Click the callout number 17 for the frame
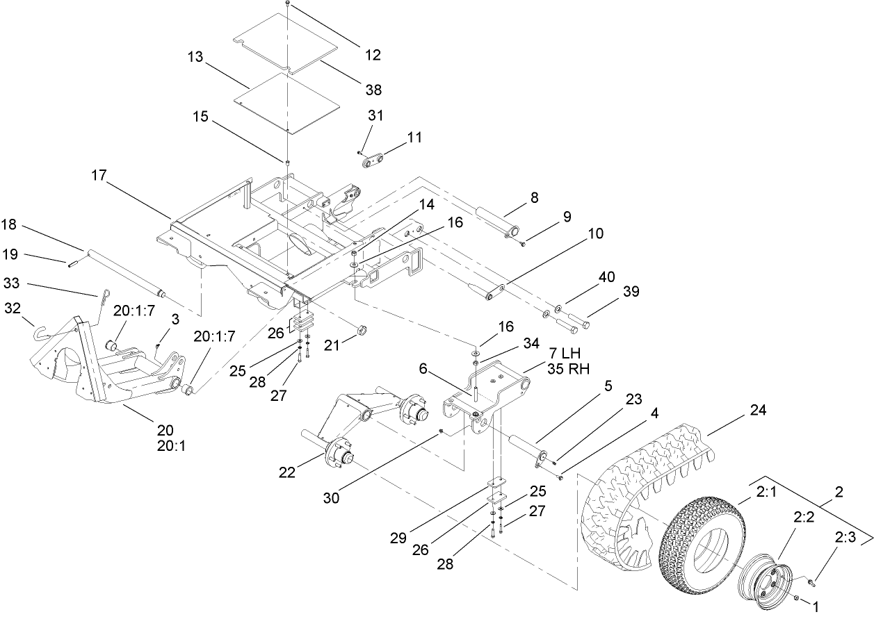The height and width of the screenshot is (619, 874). coord(98,176)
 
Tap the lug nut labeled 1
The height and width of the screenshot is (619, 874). coord(796,597)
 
